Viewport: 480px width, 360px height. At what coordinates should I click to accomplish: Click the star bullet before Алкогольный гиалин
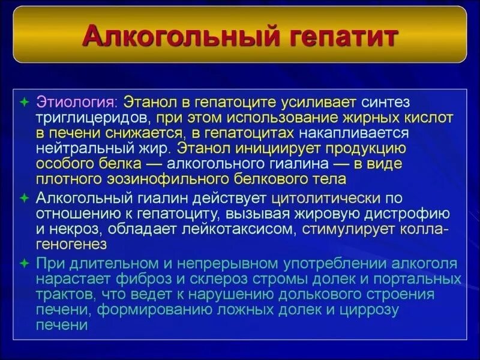[x=25, y=197]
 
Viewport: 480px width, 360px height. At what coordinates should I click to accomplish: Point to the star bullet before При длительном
[x=25, y=263]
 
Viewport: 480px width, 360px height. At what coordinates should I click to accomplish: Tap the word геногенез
[x=71, y=244]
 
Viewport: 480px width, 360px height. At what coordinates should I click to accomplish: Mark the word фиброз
[x=137, y=279]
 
